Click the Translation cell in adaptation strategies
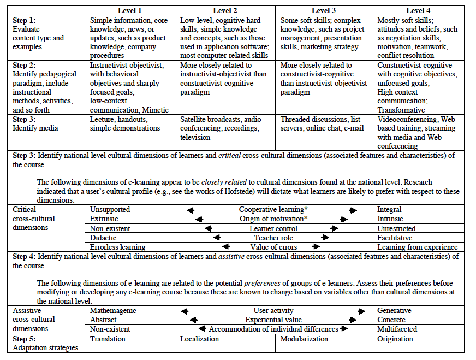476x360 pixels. tap(108, 339)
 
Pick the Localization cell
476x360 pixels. tap(200, 339)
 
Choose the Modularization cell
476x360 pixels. tap(305, 339)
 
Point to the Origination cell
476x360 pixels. tap(395, 339)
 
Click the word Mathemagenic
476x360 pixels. tap(113, 310)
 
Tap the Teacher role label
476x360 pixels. tap(273, 238)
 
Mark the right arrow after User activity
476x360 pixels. tap(361, 311)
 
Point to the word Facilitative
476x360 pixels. tap(395, 238)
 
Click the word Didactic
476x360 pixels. tap(104, 238)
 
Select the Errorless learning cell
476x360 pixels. tap(117, 247)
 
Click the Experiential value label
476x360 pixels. tap(273, 320)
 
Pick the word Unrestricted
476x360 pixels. tap(396, 228)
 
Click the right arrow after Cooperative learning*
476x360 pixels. tap(353, 210)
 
